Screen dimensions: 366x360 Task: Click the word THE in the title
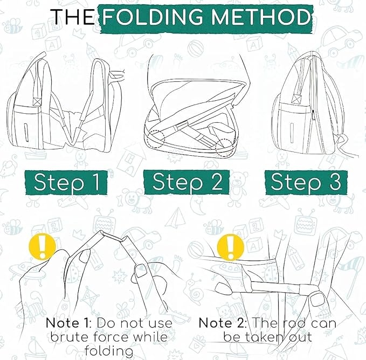(x=73, y=17)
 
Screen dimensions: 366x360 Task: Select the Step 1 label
(x=66, y=183)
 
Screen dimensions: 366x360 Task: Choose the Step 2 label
(x=187, y=182)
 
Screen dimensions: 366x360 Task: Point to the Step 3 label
(x=306, y=182)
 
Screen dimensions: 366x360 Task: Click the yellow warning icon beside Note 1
(x=42, y=247)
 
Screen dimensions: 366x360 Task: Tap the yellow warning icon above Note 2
(x=231, y=247)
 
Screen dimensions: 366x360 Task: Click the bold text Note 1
(x=67, y=323)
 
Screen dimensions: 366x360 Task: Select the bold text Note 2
(x=222, y=323)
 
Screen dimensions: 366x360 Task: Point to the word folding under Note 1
(x=109, y=352)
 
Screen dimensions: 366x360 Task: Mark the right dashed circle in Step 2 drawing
(x=225, y=147)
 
